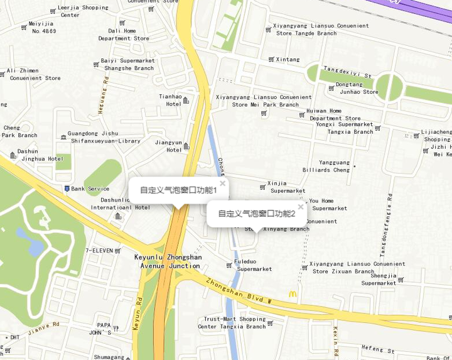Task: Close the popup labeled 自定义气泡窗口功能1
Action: pyautogui.click(x=222, y=183)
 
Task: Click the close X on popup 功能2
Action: pyautogui.click(x=301, y=207)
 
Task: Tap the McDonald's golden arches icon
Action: pyautogui.click(x=293, y=294)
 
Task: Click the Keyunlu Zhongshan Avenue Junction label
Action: pyautogui.click(x=168, y=261)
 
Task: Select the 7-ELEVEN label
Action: pyautogui.click(x=99, y=250)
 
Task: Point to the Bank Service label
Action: pyautogui.click(x=90, y=188)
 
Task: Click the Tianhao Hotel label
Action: pyautogui.click(x=170, y=100)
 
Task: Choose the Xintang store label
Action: pyautogui.click(x=288, y=60)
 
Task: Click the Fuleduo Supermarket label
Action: pyautogui.click(x=254, y=265)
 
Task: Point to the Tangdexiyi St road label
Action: pyautogui.click(x=347, y=72)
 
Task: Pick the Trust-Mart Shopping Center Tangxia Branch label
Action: pyautogui.click(x=234, y=323)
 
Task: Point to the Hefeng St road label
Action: pyautogui.click(x=377, y=349)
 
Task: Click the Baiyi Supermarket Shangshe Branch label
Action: pyautogui.click(x=128, y=64)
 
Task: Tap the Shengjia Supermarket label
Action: pyautogui.click(x=379, y=279)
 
